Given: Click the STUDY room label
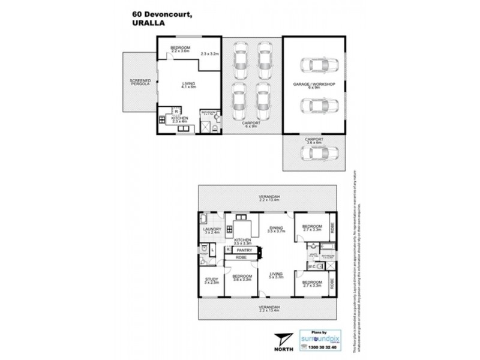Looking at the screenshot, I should [211, 280].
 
